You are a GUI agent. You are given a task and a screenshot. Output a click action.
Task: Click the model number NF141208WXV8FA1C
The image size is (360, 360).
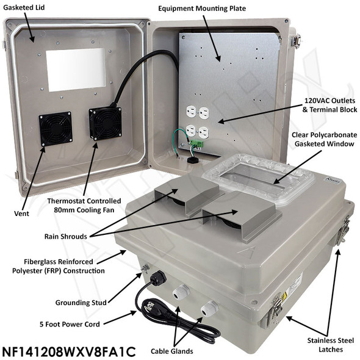tap(69, 351)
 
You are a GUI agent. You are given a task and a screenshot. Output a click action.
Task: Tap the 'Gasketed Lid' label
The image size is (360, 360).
tap(24, 7)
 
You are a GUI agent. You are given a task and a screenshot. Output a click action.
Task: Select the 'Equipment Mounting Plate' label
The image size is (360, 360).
tap(202, 9)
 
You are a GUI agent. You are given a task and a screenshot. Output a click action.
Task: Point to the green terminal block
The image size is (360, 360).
tap(196, 145)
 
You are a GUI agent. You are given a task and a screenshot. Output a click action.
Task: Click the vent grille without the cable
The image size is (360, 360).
tap(56, 129)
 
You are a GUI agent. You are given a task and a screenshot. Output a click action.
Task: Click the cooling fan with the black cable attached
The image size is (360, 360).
tap(106, 123)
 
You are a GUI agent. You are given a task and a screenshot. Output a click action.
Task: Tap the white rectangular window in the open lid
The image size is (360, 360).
tap(76, 70)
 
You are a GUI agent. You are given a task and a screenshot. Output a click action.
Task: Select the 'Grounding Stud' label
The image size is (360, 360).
tap(81, 303)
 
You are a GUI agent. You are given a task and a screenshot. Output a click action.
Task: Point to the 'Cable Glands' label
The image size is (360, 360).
tap(171, 351)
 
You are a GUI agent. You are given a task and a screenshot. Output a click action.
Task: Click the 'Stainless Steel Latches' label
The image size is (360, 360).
tap(331, 345)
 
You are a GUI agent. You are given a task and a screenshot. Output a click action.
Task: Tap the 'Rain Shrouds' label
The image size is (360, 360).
tap(66, 237)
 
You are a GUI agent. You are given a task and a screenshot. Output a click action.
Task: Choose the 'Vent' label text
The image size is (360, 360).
tap(21, 214)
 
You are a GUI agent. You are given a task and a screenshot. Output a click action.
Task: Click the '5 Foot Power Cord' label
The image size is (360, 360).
tap(70, 324)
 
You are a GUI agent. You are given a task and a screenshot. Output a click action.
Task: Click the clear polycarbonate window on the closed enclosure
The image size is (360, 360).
tap(257, 178)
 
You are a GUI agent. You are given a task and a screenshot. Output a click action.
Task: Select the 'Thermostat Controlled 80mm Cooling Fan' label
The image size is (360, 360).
tap(84, 206)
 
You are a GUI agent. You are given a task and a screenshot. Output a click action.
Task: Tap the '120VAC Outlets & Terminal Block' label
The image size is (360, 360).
tap(329, 105)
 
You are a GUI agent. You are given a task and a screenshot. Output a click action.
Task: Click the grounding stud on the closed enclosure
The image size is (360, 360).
tap(145, 268)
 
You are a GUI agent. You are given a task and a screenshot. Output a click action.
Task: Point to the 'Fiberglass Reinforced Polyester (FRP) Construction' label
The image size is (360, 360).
tap(59, 266)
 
